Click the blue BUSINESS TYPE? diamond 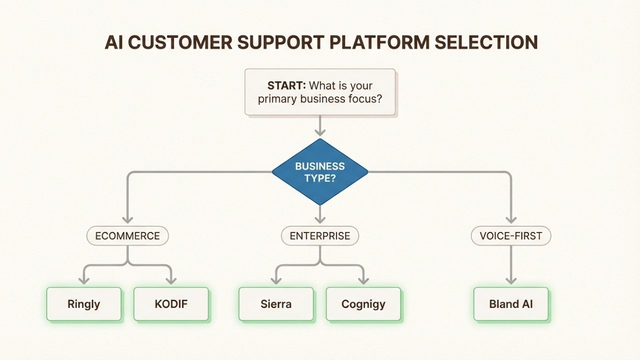pyautogui.click(x=320, y=172)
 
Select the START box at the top pyautogui.click(x=320, y=92)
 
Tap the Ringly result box pyautogui.click(x=84, y=303)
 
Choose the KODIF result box pyautogui.click(x=171, y=303)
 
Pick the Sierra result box pyautogui.click(x=276, y=303)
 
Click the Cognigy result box pyautogui.click(x=363, y=303)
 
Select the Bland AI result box pyautogui.click(x=511, y=303)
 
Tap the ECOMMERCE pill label pyautogui.click(x=127, y=236)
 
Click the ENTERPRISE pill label pyautogui.click(x=320, y=236)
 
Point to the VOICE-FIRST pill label pyautogui.click(x=511, y=236)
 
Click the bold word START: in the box pyautogui.click(x=286, y=85)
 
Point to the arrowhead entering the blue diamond pyautogui.click(x=320, y=132)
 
